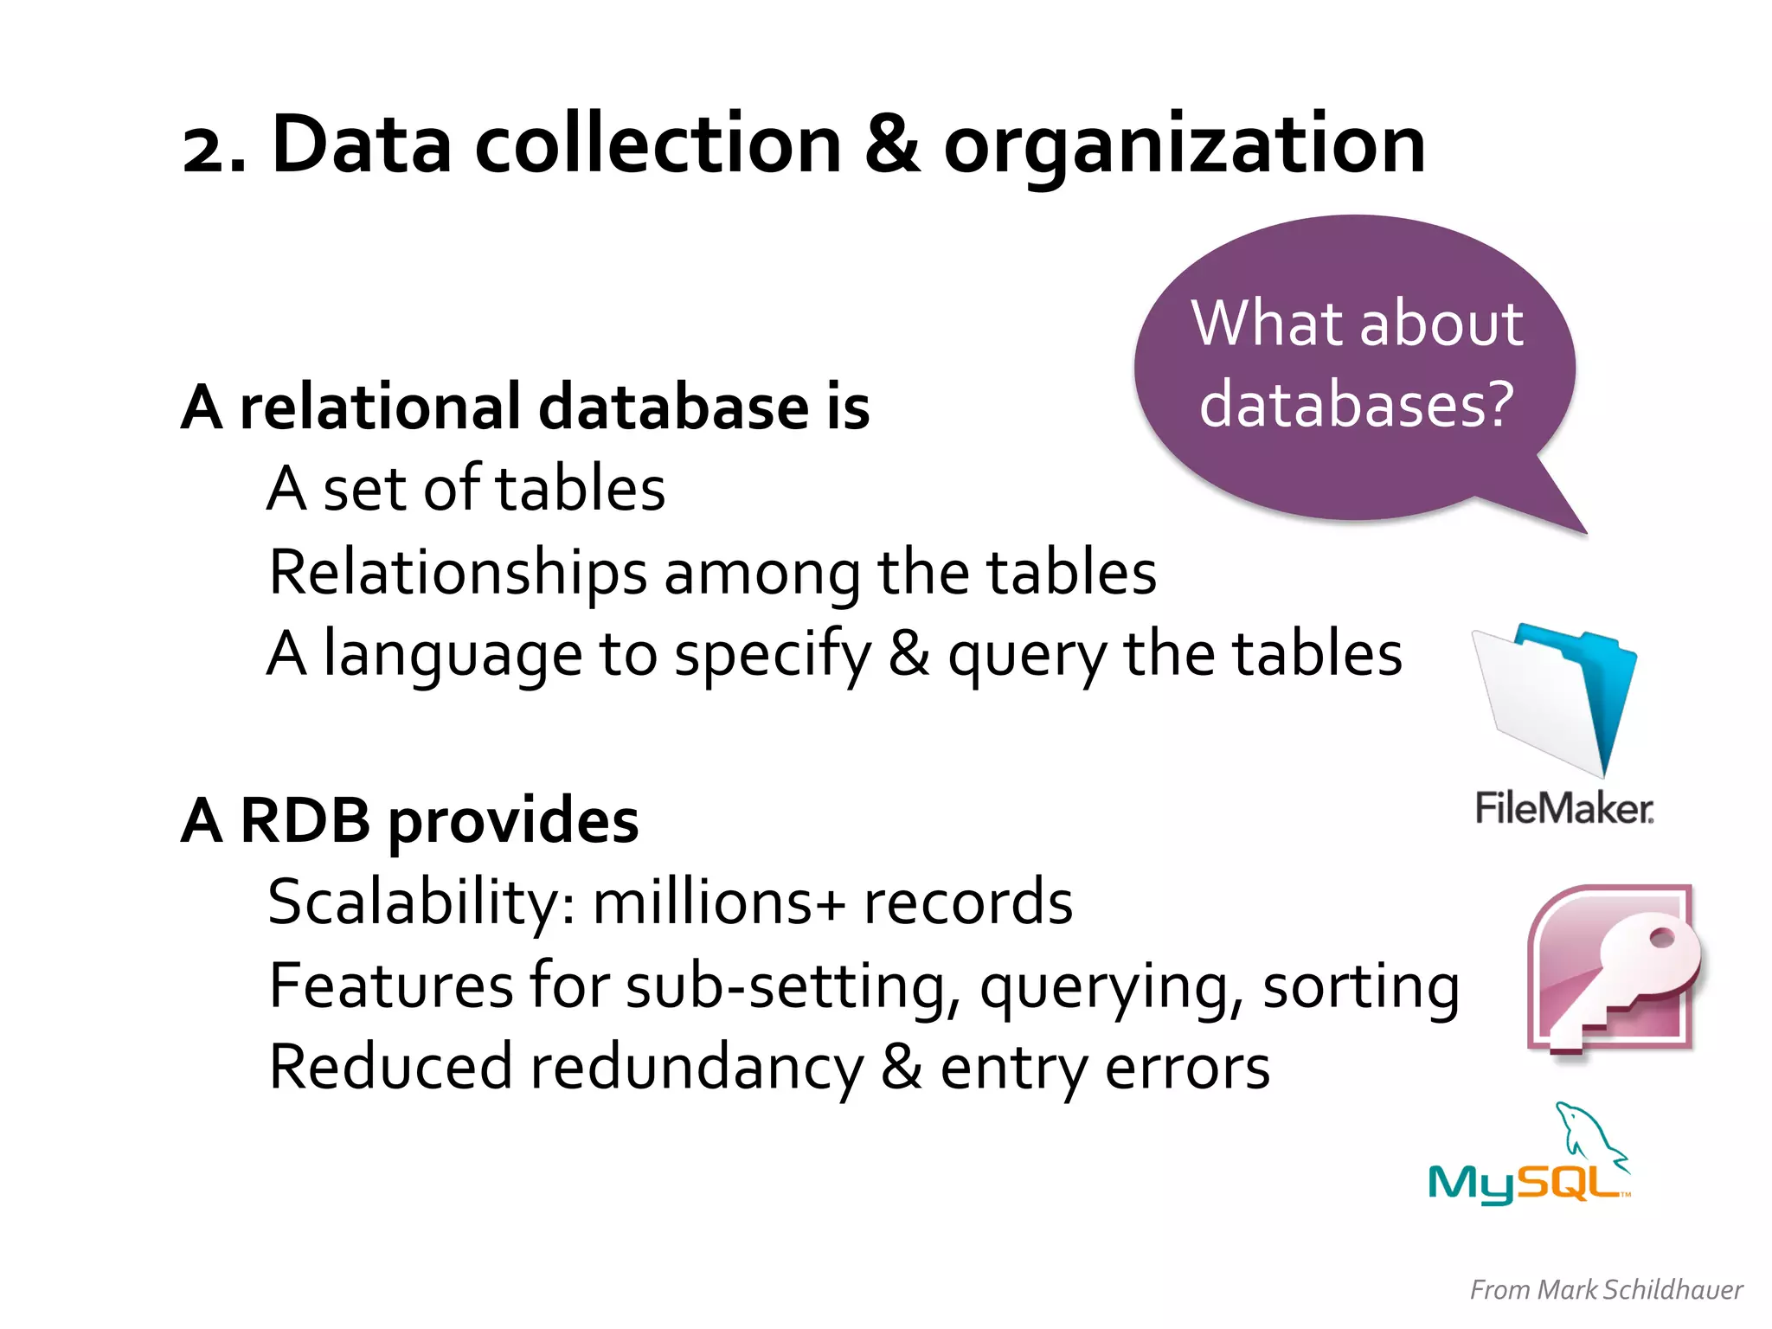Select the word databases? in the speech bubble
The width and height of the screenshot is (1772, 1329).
pyautogui.click(x=1357, y=405)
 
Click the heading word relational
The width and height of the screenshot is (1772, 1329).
pyautogui.click(x=381, y=407)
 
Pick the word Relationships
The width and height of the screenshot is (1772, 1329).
pyautogui.click(x=458, y=573)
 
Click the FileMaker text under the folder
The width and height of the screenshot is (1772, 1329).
pyautogui.click(x=1563, y=809)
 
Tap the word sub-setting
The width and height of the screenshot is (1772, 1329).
pyautogui.click(x=793, y=986)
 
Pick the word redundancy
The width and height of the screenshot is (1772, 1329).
pyautogui.click(x=697, y=1068)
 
